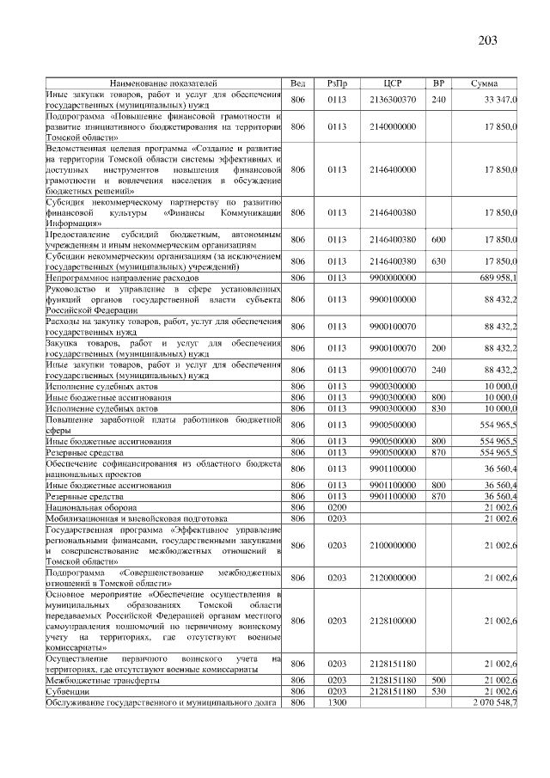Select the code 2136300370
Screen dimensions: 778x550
click(392, 101)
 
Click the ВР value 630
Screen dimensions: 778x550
click(438, 261)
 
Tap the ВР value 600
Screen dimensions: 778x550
click(438, 240)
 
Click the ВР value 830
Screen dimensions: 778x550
click(438, 408)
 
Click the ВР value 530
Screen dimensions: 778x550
click(438, 691)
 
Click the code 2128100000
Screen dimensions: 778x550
click(392, 621)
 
